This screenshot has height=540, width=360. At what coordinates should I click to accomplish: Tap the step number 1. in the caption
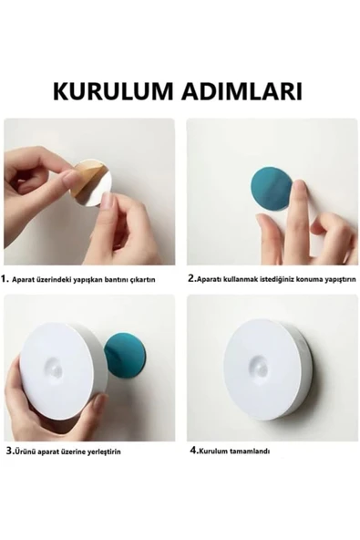point(6,279)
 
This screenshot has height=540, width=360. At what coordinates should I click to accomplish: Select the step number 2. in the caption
point(192,279)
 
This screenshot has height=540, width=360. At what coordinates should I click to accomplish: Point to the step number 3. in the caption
point(7,451)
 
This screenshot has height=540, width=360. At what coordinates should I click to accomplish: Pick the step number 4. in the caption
point(193,451)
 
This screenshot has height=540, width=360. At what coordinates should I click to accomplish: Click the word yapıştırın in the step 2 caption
point(338,280)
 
